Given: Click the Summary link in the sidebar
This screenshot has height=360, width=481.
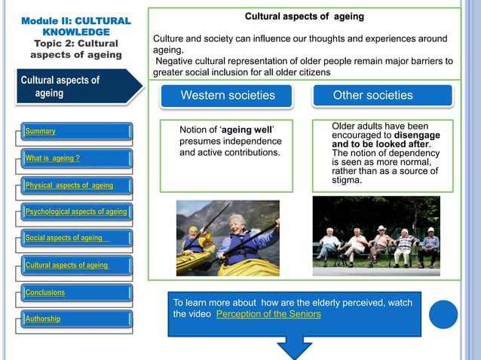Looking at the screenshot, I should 41,132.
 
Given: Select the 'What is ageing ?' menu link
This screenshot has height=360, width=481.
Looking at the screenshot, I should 53,158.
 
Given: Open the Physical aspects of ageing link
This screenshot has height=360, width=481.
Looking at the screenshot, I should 69,185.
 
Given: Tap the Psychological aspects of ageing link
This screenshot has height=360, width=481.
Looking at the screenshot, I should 76,212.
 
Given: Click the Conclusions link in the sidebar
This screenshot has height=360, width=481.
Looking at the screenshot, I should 45,292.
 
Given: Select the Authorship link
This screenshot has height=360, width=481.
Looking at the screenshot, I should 43,319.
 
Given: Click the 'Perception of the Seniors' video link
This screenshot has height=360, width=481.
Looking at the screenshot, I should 268,313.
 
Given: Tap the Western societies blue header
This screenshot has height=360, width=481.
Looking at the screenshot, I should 228,96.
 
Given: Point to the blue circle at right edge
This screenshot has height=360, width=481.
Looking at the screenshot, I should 443,314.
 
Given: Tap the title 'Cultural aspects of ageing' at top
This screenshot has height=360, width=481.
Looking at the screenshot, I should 305,16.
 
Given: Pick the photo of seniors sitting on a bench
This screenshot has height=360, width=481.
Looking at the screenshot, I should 375,232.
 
